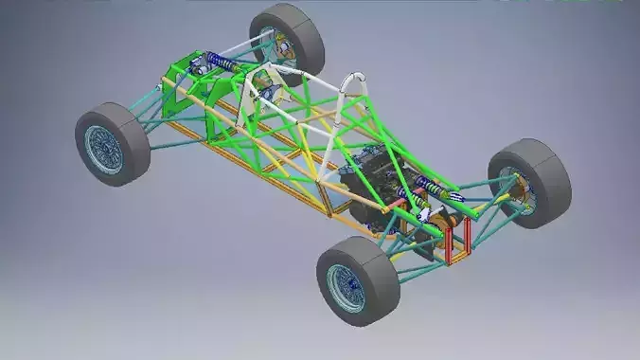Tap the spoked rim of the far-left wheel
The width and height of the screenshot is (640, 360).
pos(103,149)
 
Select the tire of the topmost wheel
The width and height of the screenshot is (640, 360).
pos(301,28)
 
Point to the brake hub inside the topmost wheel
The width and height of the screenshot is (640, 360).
pos(280,47)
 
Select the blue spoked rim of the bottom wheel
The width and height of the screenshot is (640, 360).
pos(346,286)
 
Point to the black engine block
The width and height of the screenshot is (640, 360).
pos(374,185)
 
